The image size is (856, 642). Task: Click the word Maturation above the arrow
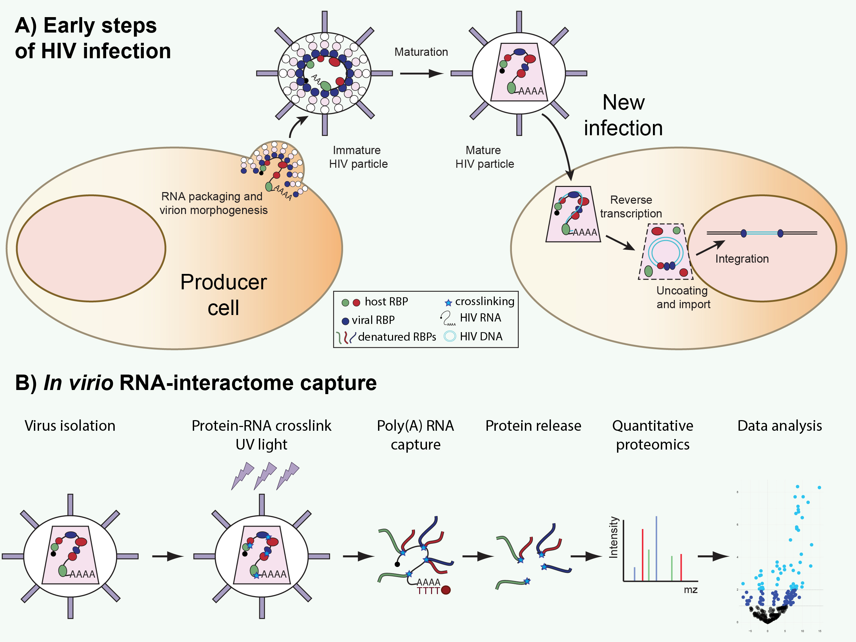click(x=421, y=52)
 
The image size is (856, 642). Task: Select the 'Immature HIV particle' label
click(x=358, y=157)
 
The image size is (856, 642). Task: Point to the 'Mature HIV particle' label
click(x=484, y=157)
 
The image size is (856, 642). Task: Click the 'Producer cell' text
click(x=223, y=294)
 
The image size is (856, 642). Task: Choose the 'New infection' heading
click(x=623, y=115)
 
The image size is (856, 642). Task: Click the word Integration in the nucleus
click(x=741, y=259)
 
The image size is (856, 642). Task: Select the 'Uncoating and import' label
click(x=683, y=297)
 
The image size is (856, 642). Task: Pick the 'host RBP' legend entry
click(x=386, y=301)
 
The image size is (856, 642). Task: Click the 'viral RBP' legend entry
click(x=373, y=320)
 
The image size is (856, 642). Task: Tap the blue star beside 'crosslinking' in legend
click(x=448, y=303)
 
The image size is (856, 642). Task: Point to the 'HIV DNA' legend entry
click(x=481, y=336)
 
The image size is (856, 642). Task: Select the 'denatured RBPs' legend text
click(x=396, y=337)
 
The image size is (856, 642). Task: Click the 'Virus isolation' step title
click(x=70, y=426)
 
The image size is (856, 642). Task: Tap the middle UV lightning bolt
click(x=265, y=475)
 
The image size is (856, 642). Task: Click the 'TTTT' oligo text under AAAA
click(x=428, y=591)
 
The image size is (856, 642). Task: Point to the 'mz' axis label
click(x=690, y=590)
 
